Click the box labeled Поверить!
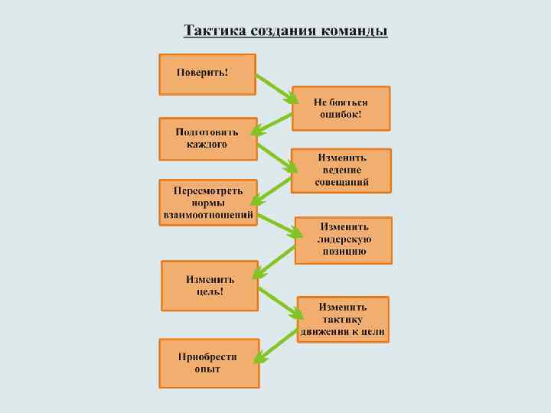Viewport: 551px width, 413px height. (x=207, y=73)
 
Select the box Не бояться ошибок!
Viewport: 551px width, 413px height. (x=341, y=108)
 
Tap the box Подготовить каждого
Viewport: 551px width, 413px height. (x=207, y=138)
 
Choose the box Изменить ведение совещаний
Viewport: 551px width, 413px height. (x=341, y=170)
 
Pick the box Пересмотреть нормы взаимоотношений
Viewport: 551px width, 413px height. (x=207, y=203)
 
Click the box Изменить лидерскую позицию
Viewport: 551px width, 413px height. (x=344, y=239)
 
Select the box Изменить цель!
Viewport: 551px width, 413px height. (x=210, y=285)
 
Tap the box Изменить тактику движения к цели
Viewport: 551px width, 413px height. (x=344, y=319)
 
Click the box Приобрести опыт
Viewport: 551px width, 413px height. (x=208, y=363)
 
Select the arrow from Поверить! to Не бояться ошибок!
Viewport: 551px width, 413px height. (x=275, y=87)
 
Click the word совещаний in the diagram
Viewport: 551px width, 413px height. (x=342, y=183)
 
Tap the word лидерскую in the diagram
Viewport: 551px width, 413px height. (x=344, y=239)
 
